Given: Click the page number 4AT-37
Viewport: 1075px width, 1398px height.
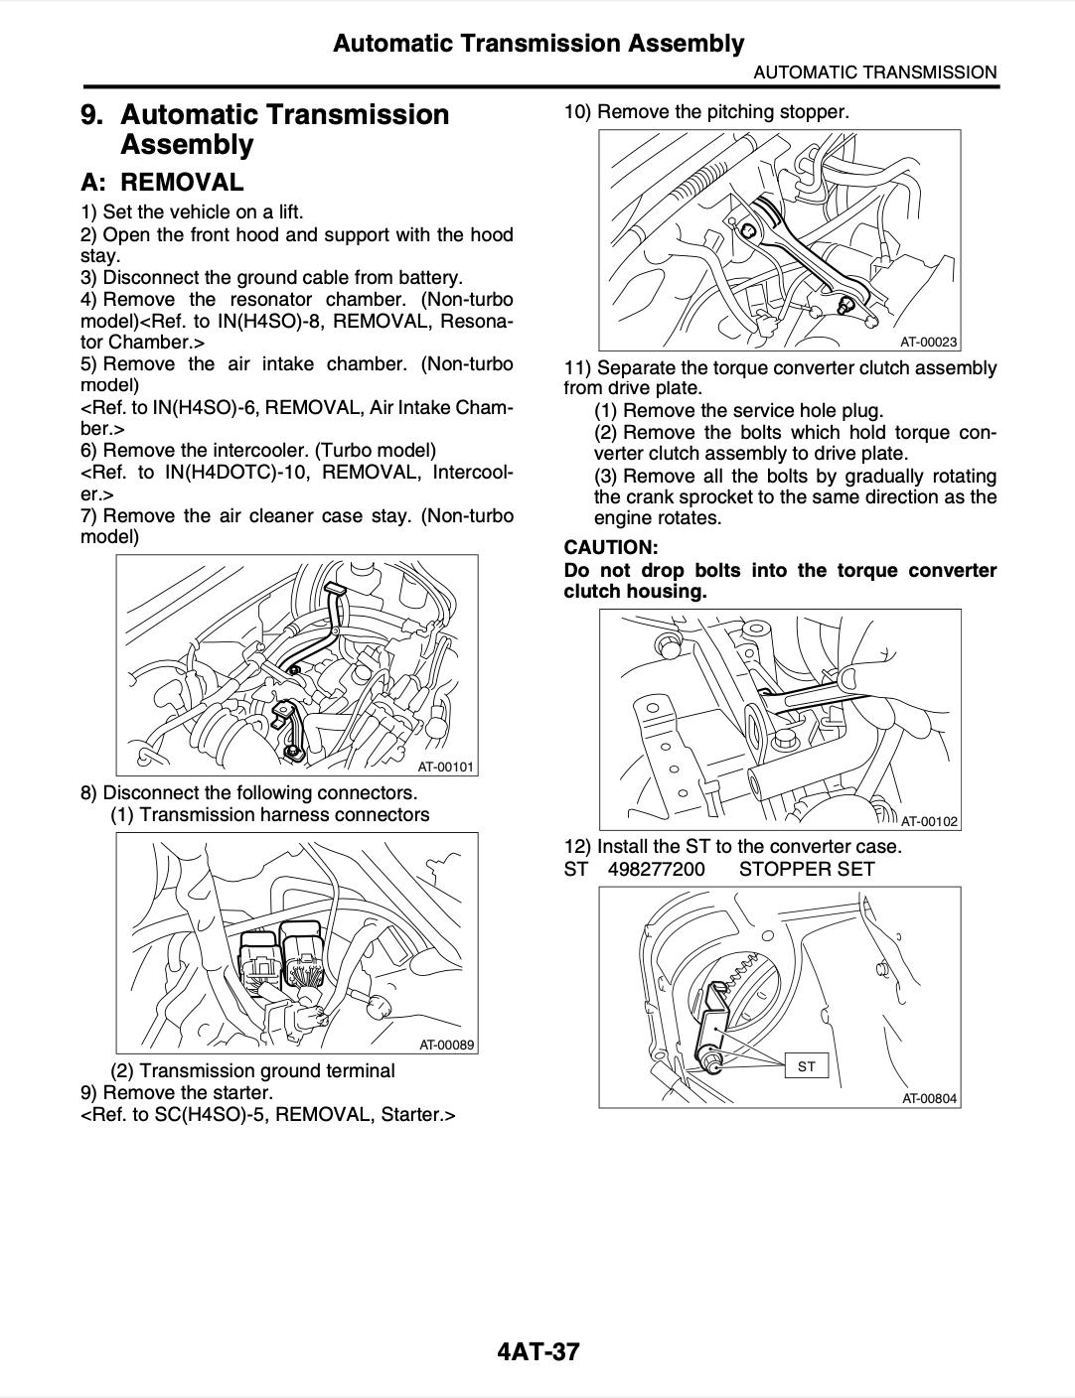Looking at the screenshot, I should click(x=537, y=1351).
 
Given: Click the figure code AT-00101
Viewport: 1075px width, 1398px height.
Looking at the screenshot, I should click(x=446, y=767).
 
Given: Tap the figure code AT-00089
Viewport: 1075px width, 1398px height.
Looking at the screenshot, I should click(x=446, y=1045).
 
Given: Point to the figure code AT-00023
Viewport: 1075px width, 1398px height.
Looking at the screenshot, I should click(x=929, y=343).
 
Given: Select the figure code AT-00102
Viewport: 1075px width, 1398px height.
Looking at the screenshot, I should click(x=929, y=821).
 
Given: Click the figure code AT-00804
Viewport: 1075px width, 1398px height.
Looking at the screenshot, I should click(x=929, y=1098).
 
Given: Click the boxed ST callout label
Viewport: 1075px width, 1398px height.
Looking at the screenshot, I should click(x=806, y=1066).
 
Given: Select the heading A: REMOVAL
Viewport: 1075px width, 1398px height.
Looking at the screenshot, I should click(x=162, y=183).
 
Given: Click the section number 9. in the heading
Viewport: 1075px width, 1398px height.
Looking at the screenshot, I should click(x=92, y=115).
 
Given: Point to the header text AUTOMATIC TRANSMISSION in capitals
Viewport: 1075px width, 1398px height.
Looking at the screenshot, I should click(x=874, y=71).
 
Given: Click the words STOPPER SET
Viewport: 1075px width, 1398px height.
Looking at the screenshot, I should click(x=807, y=869).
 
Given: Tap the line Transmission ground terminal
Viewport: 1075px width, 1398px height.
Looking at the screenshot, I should click(x=266, y=1070).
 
